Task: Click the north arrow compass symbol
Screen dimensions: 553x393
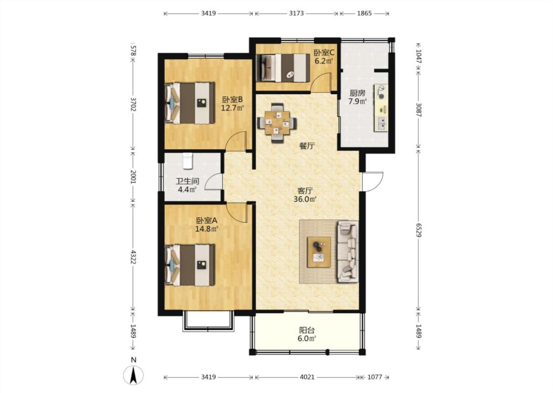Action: (133, 375)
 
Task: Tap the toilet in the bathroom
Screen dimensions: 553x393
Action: (188, 161)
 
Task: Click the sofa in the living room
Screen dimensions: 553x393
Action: (348, 252)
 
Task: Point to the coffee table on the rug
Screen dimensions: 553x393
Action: (319, 253)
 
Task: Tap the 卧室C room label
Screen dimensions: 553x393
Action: (324, 53)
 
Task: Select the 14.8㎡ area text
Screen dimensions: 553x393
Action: (206, 229)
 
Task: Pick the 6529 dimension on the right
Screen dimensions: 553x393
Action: (418, 230)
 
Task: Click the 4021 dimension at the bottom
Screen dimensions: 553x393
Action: (307, 377)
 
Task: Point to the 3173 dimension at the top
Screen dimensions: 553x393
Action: (296, 13)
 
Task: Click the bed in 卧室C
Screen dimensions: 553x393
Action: (283, 68)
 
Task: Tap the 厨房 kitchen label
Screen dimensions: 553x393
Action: (357, 93)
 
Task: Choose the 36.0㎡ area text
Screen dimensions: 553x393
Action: (305, 199)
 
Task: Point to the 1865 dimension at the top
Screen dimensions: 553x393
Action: (364, 13)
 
